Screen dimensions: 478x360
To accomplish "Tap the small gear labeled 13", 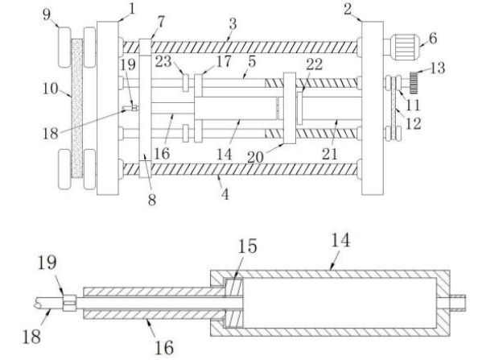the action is tap(414, 83).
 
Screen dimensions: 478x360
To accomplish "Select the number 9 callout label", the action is tap(47, 14).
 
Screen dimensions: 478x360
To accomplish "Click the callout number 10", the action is tap(51, 89).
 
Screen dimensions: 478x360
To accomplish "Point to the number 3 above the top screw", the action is tap(233, 24).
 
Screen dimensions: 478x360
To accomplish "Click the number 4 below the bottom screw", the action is tap(225, 194).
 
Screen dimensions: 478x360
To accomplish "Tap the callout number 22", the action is tap(315, 64).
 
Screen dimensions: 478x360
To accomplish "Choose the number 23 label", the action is tap(163, 61).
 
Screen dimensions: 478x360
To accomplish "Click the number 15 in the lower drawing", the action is tap(247, 246).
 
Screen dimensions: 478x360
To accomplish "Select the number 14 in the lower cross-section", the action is tap(340, 240).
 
